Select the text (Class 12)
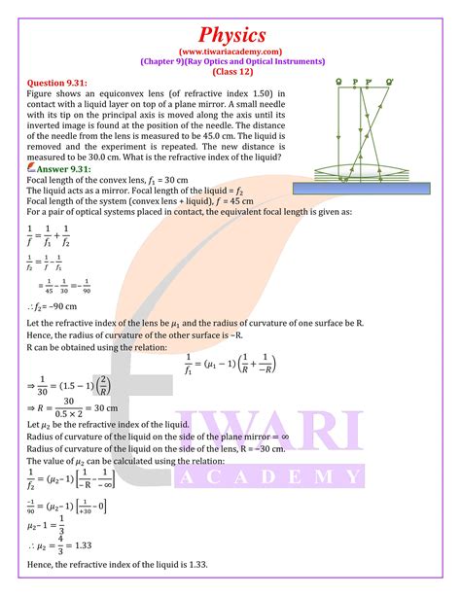(x=230, y=73)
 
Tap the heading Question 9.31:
(x=54, y=86)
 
